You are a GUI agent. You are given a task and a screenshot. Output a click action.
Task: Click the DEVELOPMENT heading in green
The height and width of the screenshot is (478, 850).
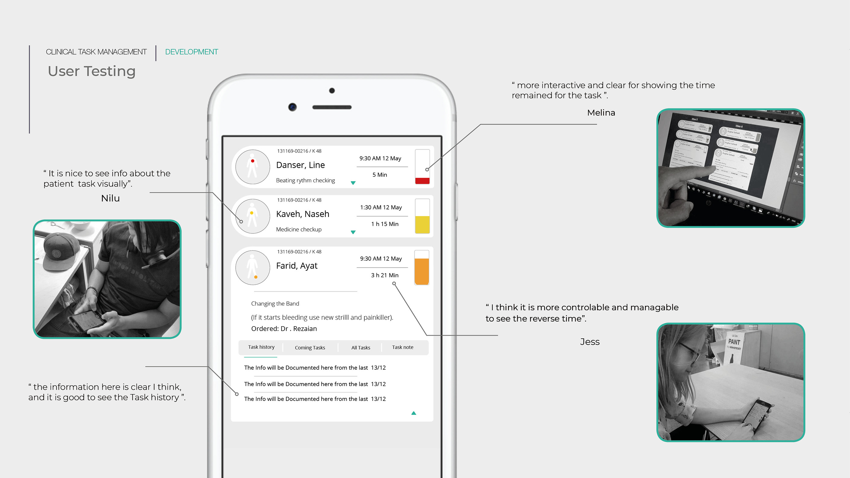pyautogui.click(x=191, y=52)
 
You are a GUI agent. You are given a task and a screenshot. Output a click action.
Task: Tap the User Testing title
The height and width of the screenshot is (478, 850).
pyautogui.click(x=91, y=71)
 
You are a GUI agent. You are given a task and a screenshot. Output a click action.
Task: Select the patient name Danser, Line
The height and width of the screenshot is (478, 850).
pyautogui.click(x=300, y=165)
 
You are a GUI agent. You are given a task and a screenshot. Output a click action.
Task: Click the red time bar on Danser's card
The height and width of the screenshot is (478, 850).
pyautogui.click(x=422, y=181)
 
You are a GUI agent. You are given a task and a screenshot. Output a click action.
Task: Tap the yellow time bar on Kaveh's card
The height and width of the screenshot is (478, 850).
pyautogui.click(x=422, y=224)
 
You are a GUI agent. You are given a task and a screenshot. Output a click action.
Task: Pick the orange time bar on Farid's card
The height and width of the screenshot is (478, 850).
pyautogui.click(x=421, y=271)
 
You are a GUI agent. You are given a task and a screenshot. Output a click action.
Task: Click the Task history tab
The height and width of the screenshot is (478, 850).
pyautogui.click(x=261, y=347)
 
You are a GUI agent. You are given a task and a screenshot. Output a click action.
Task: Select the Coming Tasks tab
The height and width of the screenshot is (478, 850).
pyautogui.click(x=310, y=348)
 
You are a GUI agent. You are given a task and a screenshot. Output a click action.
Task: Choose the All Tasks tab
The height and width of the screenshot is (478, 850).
pyautogui.click(x=361, y=348)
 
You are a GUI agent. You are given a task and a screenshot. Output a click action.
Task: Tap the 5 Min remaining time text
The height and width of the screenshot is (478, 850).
pyautogui.click(x=379, y=175)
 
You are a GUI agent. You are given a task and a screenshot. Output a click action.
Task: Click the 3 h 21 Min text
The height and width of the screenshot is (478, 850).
pyautogui.click(x=384, y=275)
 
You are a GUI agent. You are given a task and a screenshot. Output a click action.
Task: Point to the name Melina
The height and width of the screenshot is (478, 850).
pyautogui.click(x=601, y=113)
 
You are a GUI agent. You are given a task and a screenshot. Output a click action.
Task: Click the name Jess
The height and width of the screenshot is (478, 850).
pyautogui.click(x=590, y=342)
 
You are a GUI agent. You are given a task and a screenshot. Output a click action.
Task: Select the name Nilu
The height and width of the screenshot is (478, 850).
pyautogui.click(x=110, y=198)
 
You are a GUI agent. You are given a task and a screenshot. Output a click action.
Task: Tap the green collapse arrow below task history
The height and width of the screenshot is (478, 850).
pyautogui.click(x=413, y=413)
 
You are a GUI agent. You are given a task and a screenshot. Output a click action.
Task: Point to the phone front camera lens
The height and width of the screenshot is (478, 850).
pyautogui.click(x=292, y=107)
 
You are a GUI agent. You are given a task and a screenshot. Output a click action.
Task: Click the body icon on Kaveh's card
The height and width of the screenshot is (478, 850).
pyautogui.click(x=253, y=216)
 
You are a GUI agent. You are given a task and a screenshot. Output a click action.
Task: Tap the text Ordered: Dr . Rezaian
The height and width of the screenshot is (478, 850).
pyautogui.click(x=284, y=329)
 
